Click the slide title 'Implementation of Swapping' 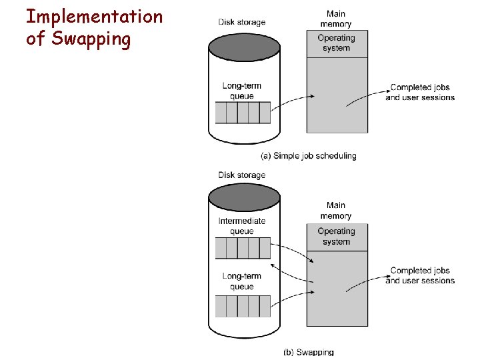pyautogui.click(x=93, y=27)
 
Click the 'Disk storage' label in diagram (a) pyautogui.click(x=241, y=22)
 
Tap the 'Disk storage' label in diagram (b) pyautogui.click(x=241, y=175)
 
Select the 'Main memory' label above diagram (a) pyautogui.click(x=335, y=19)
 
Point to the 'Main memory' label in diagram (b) pyautogui.click(x=335, y=211)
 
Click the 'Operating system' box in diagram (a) pyautogui.click(x=337, y=43)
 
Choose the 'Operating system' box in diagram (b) pyautogui.click(x=337, y=237)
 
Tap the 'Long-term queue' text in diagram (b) pyautogui.click(x=241, y=281)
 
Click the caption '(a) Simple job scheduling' pyautogui.click(x=308, y=156)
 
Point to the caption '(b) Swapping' pyautogui.click(x=308, y=352)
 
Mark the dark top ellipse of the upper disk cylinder pyautogui.click(x=244, y=47)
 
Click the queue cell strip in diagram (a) pyautogui.click(x=243, y=113)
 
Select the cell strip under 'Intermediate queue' pyautogui.click(x=243, y=248)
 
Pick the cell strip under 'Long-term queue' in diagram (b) pyautogui.click(x=243, y=306)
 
